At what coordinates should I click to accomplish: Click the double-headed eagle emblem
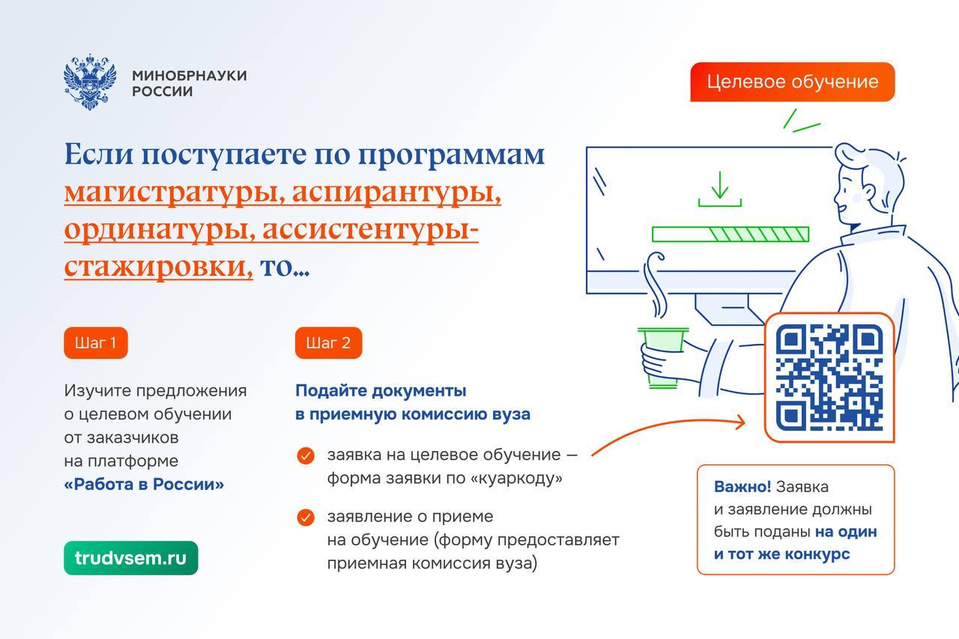(90, 82)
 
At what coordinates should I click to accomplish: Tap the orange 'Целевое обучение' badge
(793, 82)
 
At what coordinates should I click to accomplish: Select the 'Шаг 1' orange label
(96, 343)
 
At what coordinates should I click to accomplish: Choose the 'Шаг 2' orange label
(328, 343)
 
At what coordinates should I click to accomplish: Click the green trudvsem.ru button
(131, 557)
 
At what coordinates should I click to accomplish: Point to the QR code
(829, 377)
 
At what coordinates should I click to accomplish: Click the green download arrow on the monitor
(720, 189)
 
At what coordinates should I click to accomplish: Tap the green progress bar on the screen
(730, 234)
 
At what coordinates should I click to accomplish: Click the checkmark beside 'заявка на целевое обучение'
(306, 455)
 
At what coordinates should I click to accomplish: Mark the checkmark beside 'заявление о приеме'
(306, 518)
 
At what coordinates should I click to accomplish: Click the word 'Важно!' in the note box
(742, 487)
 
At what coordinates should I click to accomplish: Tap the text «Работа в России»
(144, 484)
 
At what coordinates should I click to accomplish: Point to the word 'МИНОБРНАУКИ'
(190, 76)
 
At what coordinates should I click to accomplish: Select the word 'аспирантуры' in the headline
(396, 193)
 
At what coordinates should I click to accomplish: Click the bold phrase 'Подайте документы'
(381, 391)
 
